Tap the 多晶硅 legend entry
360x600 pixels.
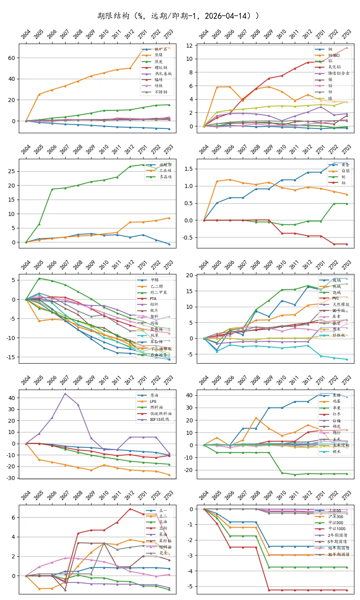[165, 176]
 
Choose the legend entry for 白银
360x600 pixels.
[345, 171]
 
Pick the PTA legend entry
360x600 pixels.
[153, 298]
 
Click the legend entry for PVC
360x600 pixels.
[335, 298]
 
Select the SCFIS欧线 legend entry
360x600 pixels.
[159, 420]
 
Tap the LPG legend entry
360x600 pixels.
[153, 401]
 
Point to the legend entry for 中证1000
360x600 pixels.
[337, 529]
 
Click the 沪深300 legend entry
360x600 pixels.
[336, 516]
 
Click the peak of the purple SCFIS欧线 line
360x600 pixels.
[65, 394]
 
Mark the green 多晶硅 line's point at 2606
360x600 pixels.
[52, 189]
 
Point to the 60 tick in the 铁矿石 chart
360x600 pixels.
[12, 58]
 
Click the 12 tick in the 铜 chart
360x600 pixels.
[189, 46]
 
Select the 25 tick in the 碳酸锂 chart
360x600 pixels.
[12, 171]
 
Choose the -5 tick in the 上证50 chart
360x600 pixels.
[190, 586]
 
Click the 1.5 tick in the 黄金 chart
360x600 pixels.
[188, 169]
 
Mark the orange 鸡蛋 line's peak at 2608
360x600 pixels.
[256, 418]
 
